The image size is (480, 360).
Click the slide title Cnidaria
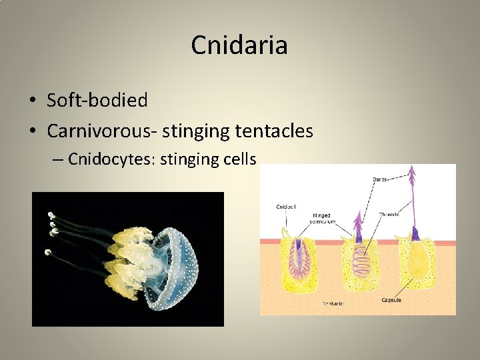tap(239, 45)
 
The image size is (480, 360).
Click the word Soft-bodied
tap(97, 101)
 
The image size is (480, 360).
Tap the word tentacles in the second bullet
tap(274, 131)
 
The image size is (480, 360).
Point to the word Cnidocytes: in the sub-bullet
tap(107, 159)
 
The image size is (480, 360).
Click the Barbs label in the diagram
tap(380, 179)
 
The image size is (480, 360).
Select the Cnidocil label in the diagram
tap(287, 207)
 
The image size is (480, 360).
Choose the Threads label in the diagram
tap(389, 215)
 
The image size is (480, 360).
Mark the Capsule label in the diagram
tap(391, 300)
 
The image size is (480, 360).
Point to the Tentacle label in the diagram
tap(333, 304)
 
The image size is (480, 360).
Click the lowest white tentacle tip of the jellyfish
tap(47, 252)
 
